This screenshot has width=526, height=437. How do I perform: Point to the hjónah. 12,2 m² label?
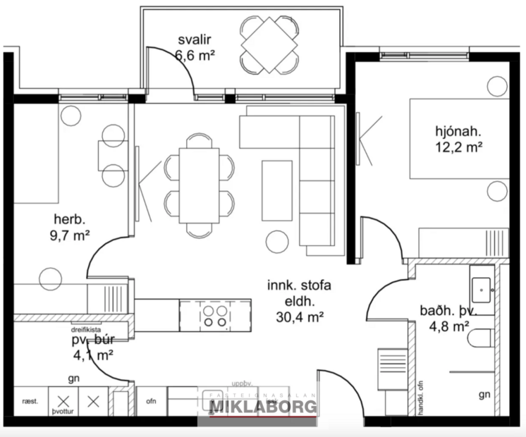(x=458, y=139)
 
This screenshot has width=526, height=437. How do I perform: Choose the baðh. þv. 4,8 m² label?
(x=448, y=318)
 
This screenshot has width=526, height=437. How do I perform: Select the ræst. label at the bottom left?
(x=30, y=404)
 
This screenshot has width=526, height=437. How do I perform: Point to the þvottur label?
(x=62, y=408)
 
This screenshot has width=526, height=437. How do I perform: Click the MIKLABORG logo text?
(x=264, y=407)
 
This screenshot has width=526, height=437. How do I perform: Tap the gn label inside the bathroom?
(x=484, y=395)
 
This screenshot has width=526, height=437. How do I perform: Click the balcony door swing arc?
(x=176, y=63)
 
